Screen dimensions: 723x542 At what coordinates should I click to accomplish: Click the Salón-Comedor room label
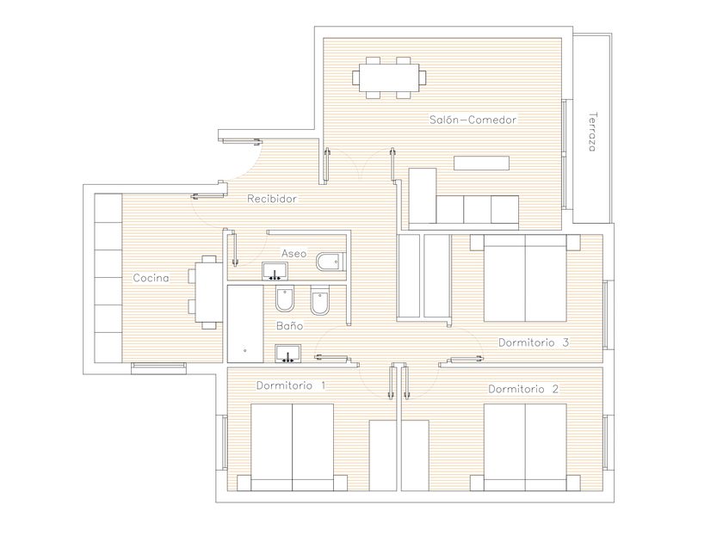tap(473, 120)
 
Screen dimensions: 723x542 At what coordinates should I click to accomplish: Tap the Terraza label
tap(593, 132)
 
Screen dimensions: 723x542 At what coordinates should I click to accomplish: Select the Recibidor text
tap(272, 199)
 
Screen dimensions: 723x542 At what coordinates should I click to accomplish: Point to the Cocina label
tap(151, 278)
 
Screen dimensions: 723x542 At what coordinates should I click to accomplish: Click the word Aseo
tap(294, 254)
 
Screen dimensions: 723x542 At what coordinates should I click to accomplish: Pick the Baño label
tap(289, 325)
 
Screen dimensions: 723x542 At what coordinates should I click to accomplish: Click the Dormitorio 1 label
tap(291, 385)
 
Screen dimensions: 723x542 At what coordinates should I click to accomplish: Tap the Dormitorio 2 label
tap(523, 389)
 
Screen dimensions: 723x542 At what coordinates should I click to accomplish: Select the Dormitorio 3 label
tap(534, 342)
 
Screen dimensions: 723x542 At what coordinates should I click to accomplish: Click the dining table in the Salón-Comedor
tap(389, 77)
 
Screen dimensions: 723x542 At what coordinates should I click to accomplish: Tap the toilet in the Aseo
tap(331, 262)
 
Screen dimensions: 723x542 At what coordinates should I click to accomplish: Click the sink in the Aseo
tap(275, 272)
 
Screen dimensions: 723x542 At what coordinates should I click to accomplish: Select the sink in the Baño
tap(287, 354)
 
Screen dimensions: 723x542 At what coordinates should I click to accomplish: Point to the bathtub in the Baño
tap(244, 323)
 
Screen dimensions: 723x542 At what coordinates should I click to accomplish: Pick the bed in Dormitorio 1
tap(292, 447)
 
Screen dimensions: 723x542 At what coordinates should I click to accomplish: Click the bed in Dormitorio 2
tap(525, 447)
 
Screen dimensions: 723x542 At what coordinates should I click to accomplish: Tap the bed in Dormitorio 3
tap(525, 278)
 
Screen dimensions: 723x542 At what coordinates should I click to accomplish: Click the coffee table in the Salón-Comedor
tap(481, 163)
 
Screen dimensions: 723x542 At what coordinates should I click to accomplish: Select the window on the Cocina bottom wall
tap(158, 368)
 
